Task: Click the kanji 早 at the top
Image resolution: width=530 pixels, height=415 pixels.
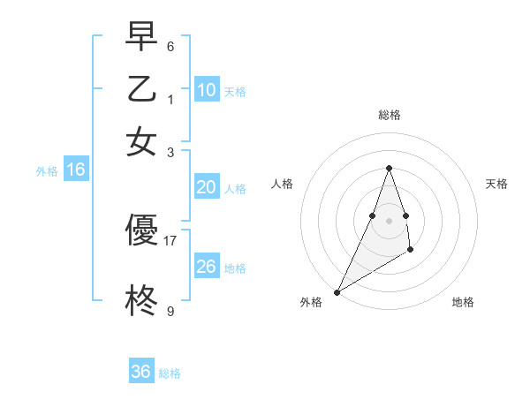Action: (141, 37)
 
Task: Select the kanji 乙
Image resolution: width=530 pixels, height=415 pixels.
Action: (141, 90)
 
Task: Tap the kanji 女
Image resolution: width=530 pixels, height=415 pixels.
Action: (141, 142)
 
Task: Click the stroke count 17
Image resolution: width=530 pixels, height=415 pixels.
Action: (170, 239)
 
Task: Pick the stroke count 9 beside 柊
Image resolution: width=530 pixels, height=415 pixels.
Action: (170, 311)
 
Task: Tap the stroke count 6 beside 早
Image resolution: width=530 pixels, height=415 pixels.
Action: (170, 46)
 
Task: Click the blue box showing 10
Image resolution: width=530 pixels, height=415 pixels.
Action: (206, 90)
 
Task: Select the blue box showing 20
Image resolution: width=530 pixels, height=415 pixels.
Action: (206, 187)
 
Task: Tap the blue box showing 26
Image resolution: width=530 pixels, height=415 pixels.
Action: (206, 267)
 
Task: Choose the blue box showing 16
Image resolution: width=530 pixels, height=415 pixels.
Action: (76, 170)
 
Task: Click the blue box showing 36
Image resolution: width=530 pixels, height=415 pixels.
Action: (141, 372)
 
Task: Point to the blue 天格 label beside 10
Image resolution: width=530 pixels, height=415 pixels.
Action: (235, 92)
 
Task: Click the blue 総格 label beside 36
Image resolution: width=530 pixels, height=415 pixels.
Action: (170, 373)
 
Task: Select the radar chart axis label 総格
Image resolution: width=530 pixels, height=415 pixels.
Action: (389, 115)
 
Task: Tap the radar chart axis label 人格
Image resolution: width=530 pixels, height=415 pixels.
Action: (283, 184)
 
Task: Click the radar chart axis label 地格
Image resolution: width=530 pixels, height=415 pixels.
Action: (463, 302)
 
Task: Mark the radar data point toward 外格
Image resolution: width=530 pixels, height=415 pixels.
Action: (337, 292)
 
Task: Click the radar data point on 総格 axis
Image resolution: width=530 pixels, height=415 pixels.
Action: (389, 168)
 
